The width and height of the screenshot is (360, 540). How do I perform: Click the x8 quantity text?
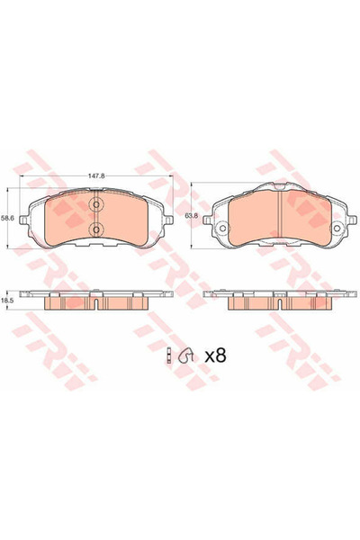tap(214, 355)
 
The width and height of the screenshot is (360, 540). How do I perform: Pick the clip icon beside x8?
tap(187, 356)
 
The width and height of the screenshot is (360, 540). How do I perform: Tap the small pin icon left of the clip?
tap(168, 356)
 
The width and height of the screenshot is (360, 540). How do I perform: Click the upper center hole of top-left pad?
tap(97, 204)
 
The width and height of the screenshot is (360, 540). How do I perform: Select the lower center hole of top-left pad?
tap(97, 231)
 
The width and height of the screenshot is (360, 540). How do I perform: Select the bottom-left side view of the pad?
tap(97, 301)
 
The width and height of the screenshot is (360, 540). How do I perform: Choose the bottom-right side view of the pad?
tap(278, 301)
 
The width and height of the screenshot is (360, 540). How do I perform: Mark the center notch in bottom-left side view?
tap(97, 305)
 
